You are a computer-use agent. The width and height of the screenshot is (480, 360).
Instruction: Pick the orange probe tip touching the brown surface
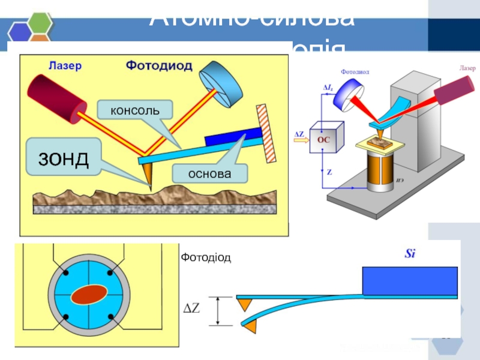pyautogui.click(x=148, y=176)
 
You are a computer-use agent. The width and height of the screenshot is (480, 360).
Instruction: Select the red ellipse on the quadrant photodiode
pyautogui.click(x=88, y=295)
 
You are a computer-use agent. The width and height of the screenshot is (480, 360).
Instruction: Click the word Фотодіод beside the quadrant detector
pyautogui.click(x=206, y=257)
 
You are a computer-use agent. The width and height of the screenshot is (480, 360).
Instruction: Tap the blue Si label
pyautogui.click(x=410, y=254)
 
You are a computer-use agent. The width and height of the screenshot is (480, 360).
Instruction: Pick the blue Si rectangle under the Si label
pyautogui.click(x=410, y=281)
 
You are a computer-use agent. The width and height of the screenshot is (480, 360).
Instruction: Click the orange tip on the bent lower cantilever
pyautogui.click(x=250, y=326)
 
